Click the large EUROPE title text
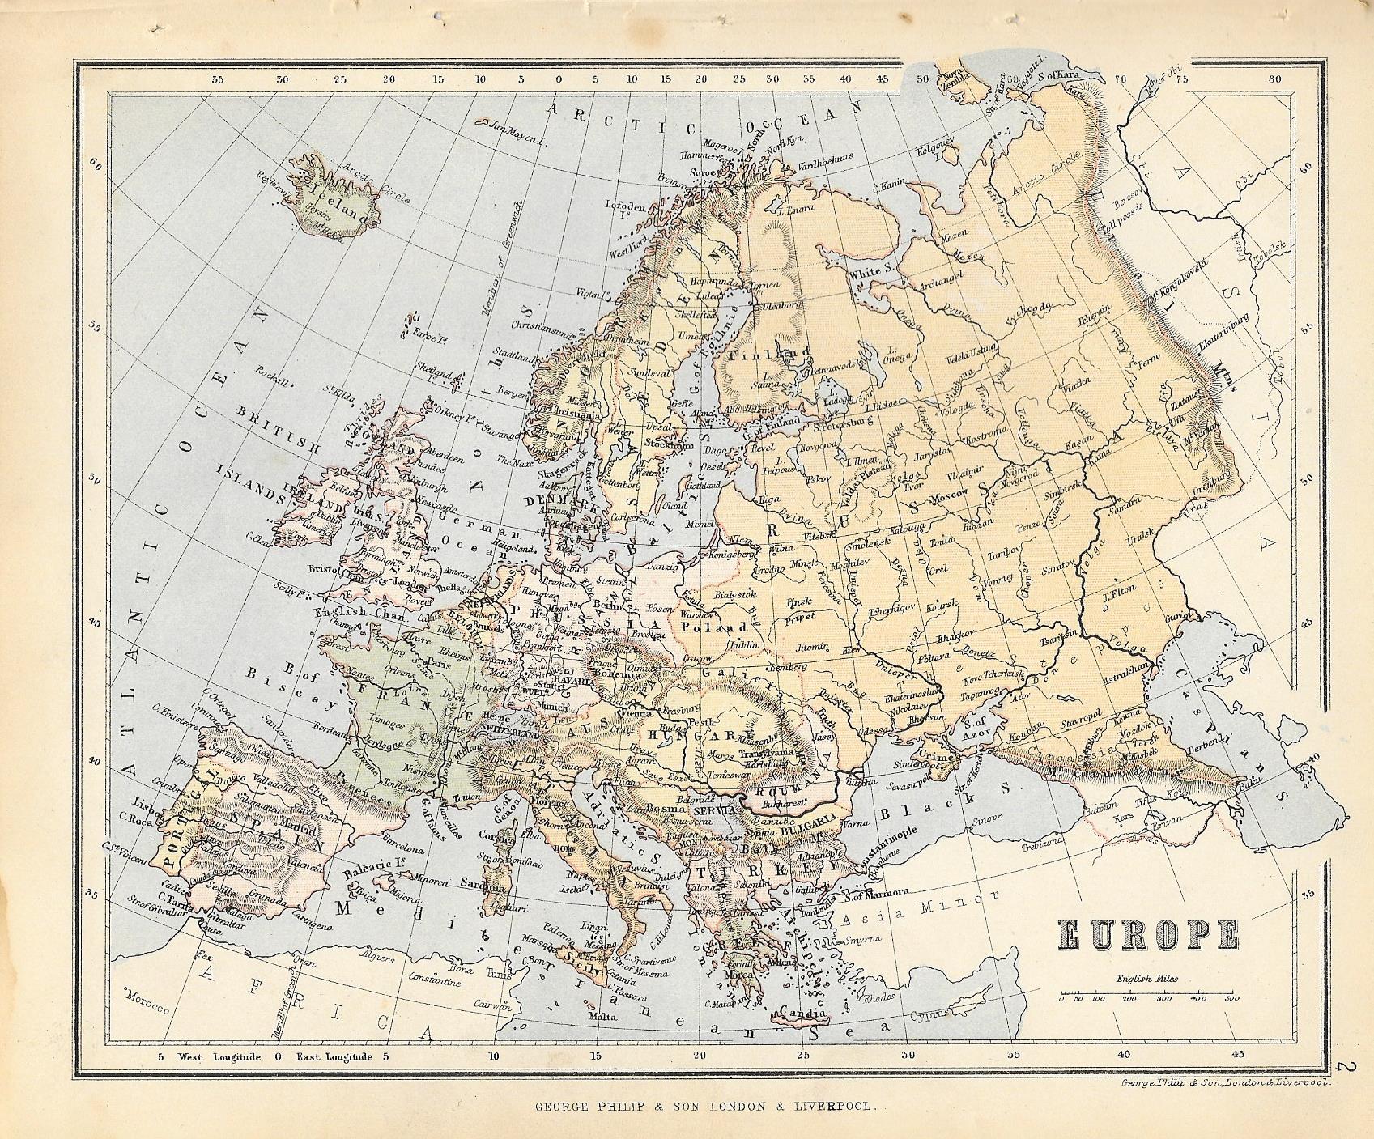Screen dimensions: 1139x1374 (1148, 935)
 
